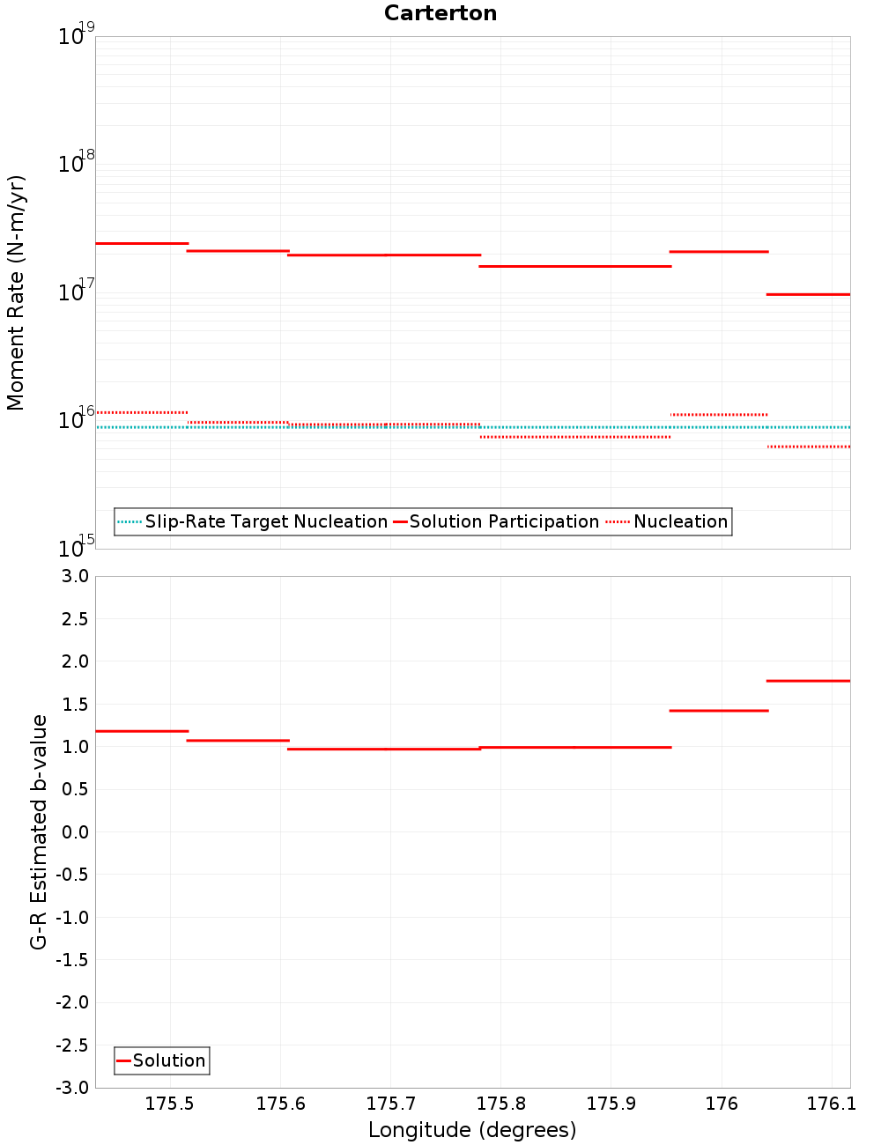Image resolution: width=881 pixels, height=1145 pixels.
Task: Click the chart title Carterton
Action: click(440, 13)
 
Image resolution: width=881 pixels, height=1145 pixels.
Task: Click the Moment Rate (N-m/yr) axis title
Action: click(16, 292)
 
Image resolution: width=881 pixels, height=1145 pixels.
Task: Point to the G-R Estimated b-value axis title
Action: click(39, 831)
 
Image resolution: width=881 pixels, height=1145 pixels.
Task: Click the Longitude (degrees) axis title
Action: click(472, 1130)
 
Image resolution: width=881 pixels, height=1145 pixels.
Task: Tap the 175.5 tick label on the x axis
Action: click(169, 1104)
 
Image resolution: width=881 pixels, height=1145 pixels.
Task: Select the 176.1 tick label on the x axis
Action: click(831, 1104)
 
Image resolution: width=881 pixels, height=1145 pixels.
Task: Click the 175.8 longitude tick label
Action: click(500, 1104)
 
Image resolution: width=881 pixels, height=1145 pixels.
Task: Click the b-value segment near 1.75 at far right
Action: click(808, 681)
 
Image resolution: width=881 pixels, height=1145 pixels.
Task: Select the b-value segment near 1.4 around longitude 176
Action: click(719, 711)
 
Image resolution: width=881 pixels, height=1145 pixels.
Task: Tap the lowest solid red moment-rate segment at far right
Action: click(808, 294)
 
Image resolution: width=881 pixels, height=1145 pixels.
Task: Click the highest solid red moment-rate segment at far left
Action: click(142, 243)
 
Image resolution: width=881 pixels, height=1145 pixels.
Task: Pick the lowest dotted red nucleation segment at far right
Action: click(808, 447)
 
